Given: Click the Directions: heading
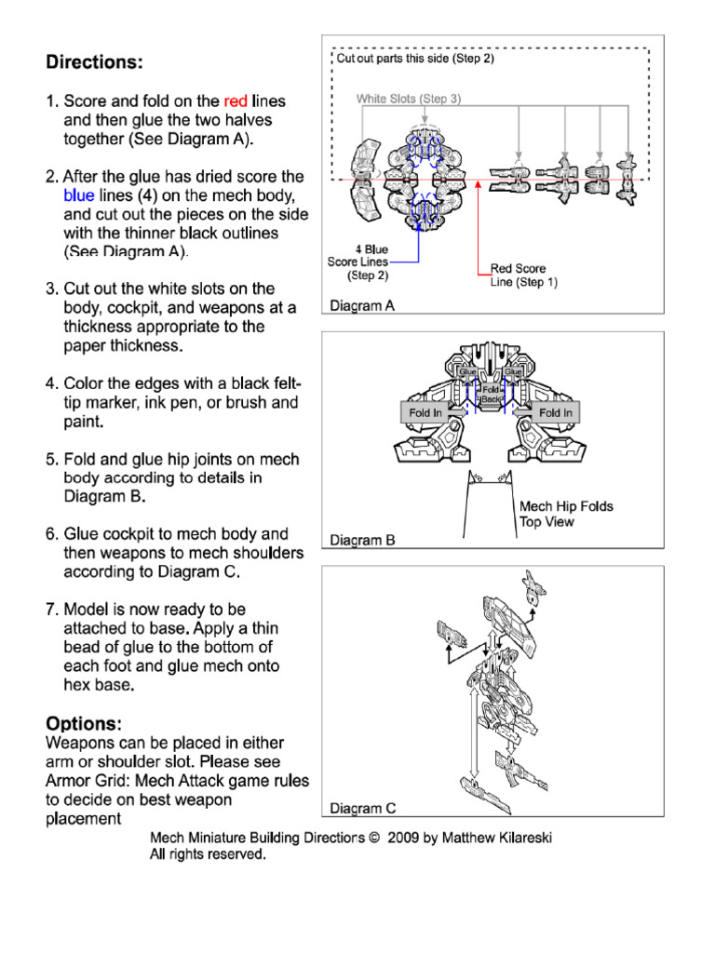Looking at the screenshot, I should coord(95,62).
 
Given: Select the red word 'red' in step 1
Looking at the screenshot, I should coord(236,101).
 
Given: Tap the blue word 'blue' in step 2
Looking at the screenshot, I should coord(79,195).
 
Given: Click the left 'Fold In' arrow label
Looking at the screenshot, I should coord(425,412).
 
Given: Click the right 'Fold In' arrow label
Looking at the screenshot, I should coord(556,412).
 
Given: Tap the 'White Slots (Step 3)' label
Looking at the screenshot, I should coord(408,99).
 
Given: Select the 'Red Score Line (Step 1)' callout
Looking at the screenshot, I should coord(523,275).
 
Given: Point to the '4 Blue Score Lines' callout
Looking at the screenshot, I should coord(358,262).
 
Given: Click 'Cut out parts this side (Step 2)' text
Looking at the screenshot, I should coord(415,59).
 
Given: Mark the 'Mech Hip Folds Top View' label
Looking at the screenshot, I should coord(565,515).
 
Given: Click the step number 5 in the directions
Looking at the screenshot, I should coord(52,459).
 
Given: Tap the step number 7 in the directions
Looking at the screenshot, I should coord(52,610).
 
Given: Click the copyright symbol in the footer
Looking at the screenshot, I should coord(374,838).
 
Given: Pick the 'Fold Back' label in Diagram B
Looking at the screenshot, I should coord(492,394).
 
